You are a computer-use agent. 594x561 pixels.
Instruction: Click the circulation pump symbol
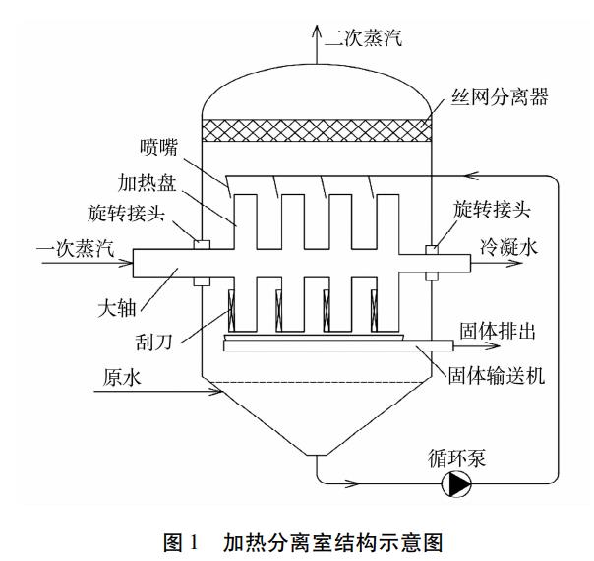point(456,482)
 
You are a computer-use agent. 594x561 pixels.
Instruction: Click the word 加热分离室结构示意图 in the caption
point(350,539)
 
